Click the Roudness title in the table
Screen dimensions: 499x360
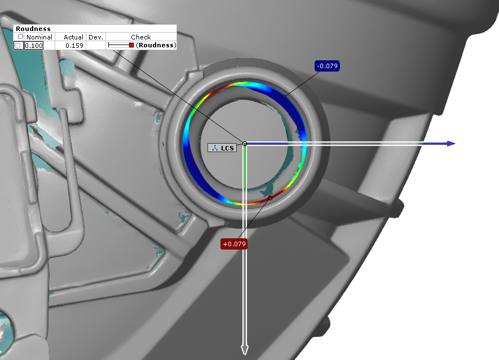(33, 29)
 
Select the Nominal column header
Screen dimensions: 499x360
(39, 37)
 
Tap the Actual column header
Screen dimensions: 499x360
(73, 37)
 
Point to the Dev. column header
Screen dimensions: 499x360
(96, 37)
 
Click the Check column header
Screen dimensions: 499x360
(140, 37)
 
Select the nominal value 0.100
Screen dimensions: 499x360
(34, 46)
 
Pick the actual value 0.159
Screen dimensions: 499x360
(74, 46)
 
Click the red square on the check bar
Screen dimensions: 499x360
(131, 45)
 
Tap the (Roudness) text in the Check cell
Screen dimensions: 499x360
(156, 45)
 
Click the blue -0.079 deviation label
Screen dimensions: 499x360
(327, 66)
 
